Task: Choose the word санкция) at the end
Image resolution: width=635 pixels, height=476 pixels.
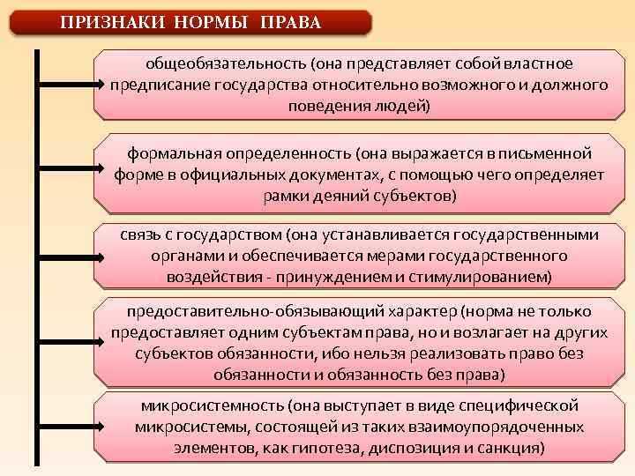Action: point(516,447)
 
